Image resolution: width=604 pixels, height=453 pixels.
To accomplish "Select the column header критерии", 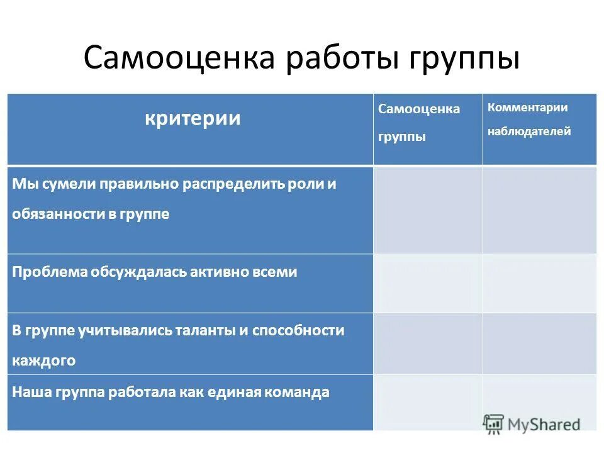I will coord(193,118).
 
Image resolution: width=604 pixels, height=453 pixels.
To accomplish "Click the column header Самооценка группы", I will coord(418,122).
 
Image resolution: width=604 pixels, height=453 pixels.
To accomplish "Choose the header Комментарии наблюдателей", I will coord(529,120).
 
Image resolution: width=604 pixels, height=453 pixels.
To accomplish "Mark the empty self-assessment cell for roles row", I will coord(428,210).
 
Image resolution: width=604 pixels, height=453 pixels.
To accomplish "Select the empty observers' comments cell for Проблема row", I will coord(539,283).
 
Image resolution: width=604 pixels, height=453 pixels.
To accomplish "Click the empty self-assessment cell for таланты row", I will coord(428,344).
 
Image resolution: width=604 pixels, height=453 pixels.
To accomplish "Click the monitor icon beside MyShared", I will coord(494,425).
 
